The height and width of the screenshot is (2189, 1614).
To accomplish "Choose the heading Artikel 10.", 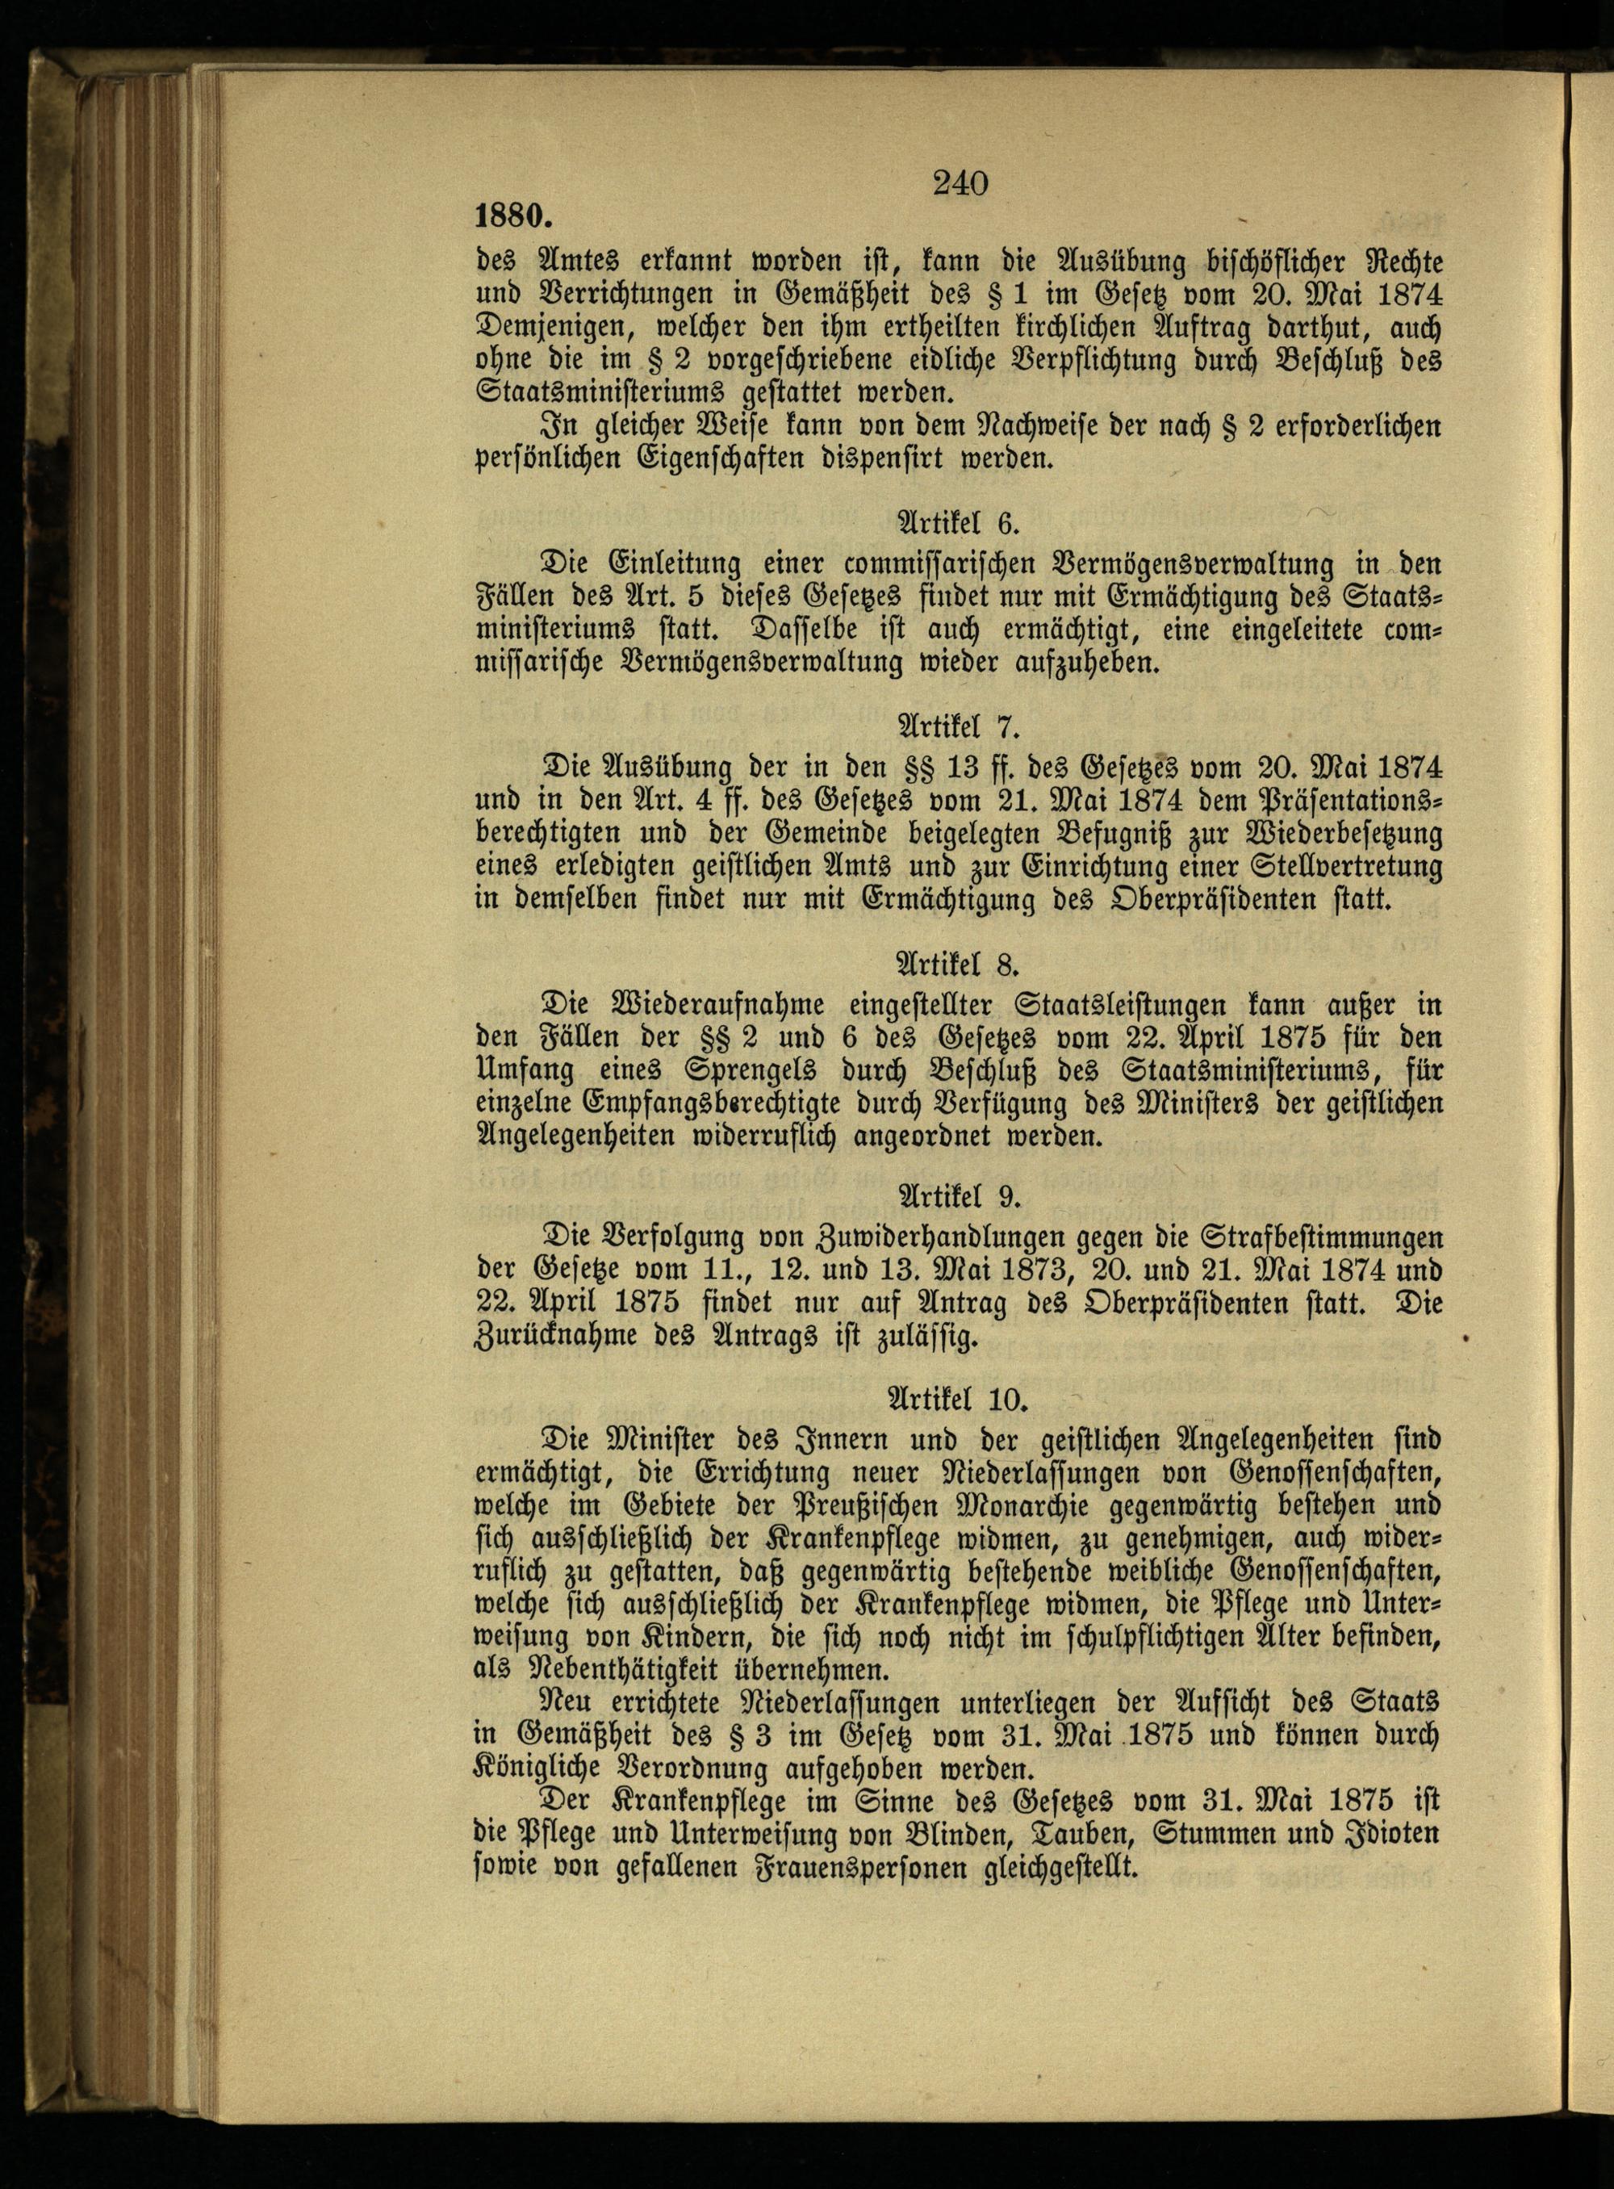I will click(962, 1400).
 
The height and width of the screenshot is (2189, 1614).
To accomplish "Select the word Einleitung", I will click(671, 566).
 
